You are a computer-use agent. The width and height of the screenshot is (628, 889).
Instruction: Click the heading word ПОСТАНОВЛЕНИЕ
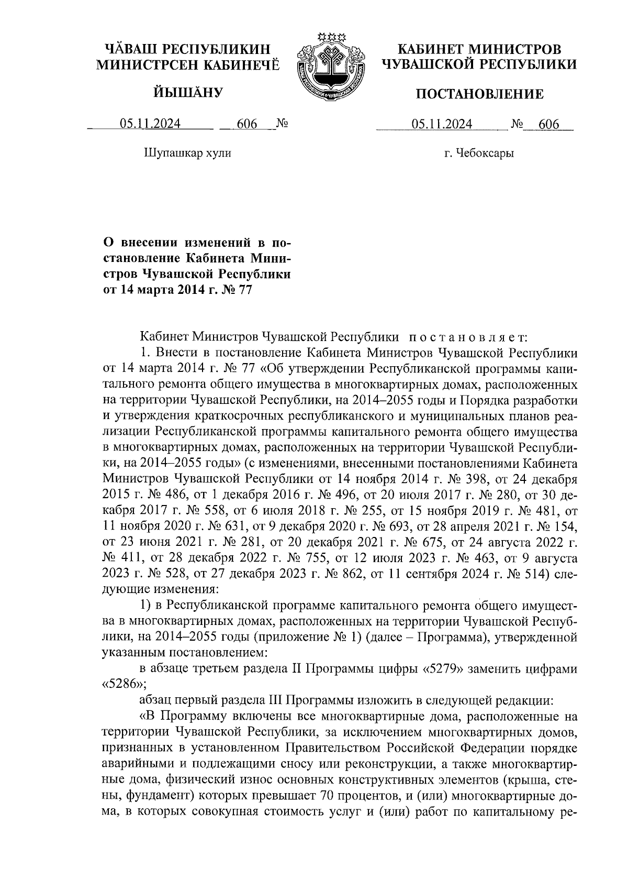479,94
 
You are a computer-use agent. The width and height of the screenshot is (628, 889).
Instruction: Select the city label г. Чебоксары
479,153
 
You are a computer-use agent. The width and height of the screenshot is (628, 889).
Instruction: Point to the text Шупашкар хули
187,153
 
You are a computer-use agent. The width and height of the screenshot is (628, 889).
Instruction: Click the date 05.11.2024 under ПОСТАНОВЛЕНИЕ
442,124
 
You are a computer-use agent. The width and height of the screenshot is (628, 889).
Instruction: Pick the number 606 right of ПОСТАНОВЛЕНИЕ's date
549,124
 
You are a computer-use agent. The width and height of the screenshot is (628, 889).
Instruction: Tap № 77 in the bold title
239,290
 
